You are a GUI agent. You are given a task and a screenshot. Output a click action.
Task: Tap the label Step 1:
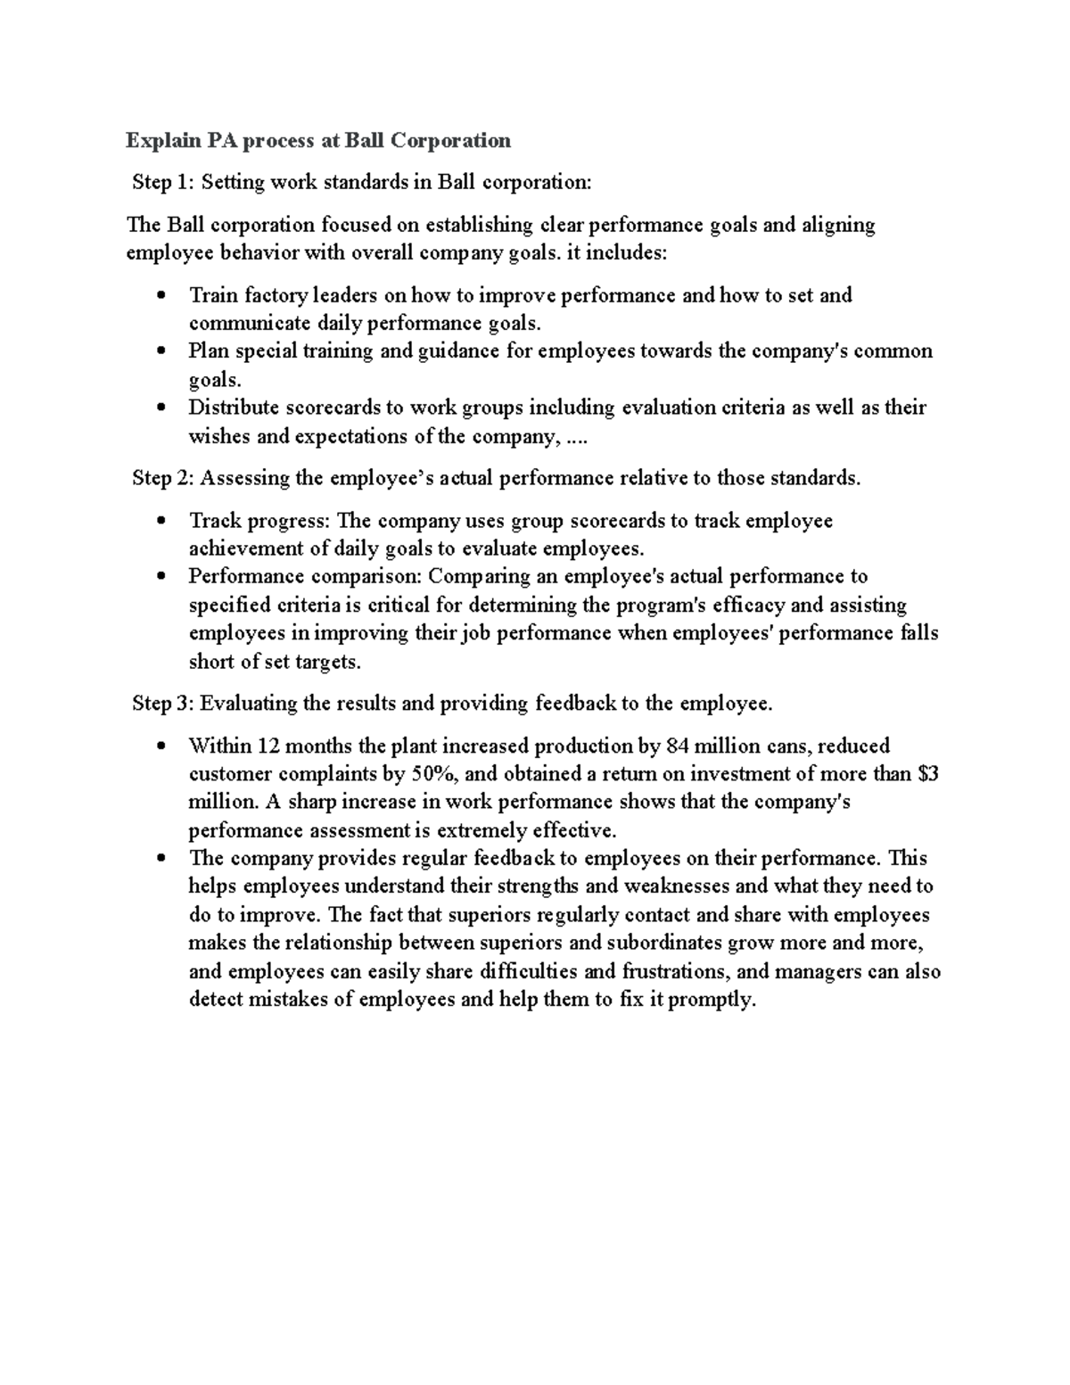[162, 183]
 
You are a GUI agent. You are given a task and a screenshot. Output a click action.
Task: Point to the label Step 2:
[162, 479]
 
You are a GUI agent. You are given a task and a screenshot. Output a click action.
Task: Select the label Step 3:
[162, 704]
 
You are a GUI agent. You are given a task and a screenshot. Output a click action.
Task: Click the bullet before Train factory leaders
[160, 296]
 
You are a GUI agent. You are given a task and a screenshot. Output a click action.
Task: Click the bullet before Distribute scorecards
[160, 408]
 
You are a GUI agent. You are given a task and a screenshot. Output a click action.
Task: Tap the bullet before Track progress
[160, 522]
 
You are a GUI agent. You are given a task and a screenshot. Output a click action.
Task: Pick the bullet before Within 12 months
[160, 746]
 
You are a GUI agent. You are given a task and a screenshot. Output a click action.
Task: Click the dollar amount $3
[927, 774]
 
